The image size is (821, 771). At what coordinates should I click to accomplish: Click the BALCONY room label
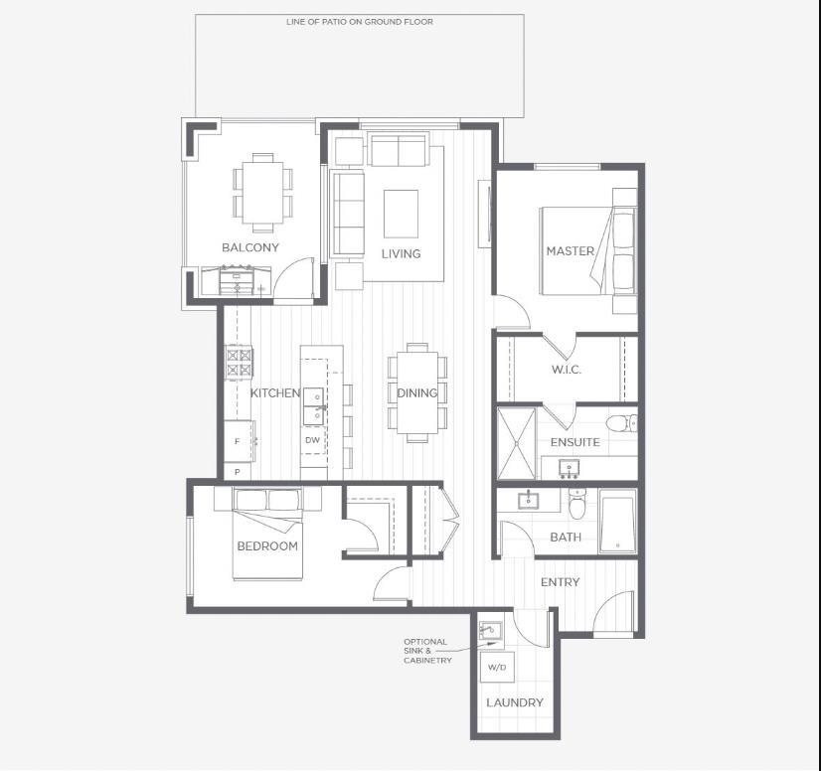point(250,247)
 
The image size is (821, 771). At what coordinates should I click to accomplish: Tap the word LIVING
point(401,253)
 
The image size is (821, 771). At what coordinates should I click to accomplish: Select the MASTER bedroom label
point(570,251)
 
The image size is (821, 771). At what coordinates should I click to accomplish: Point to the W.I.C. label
point(567,370)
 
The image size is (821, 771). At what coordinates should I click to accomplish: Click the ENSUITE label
point(575,441)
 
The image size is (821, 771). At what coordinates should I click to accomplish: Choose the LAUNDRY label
point(515,702)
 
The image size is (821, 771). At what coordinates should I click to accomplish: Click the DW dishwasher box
point(313,440)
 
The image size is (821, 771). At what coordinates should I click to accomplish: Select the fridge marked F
point(239,440)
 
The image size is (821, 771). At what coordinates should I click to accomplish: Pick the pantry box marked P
point(238,472)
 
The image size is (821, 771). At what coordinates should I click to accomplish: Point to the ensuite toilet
point(619,423)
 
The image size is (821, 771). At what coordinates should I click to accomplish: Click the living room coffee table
point(402,212)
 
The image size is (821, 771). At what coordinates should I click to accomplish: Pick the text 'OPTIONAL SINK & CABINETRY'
point(427,651)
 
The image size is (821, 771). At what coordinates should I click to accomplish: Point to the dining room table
point(416,391)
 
